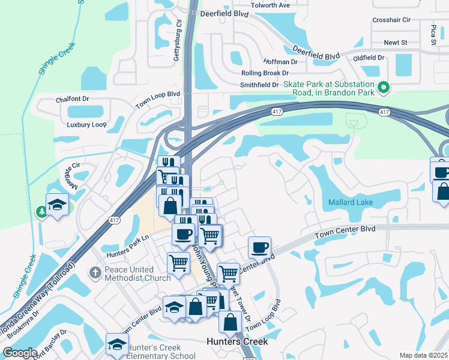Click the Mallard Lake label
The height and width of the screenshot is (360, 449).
[x=350, y=203]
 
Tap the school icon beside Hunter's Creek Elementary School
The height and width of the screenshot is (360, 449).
[x=117, y=344]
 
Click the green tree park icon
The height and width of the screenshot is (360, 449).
[x=41, y=211]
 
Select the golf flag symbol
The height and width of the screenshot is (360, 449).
[x=355, y=123]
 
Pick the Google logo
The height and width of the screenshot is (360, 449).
[x=20, y=353]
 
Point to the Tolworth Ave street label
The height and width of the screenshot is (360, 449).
[x=270, y=5]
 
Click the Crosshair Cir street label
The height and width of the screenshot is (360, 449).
[x=391, y=20]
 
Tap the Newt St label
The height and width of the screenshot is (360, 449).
[x=396, y=43]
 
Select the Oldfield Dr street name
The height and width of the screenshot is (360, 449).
[x=369, y=58]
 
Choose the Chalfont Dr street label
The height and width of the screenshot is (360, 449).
[x=72, y=100]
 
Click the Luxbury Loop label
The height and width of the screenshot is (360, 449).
[x=86, y=125]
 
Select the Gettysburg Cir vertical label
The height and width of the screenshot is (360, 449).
[x=177, y=40]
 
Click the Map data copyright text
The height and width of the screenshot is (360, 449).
[x=423, y=355]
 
